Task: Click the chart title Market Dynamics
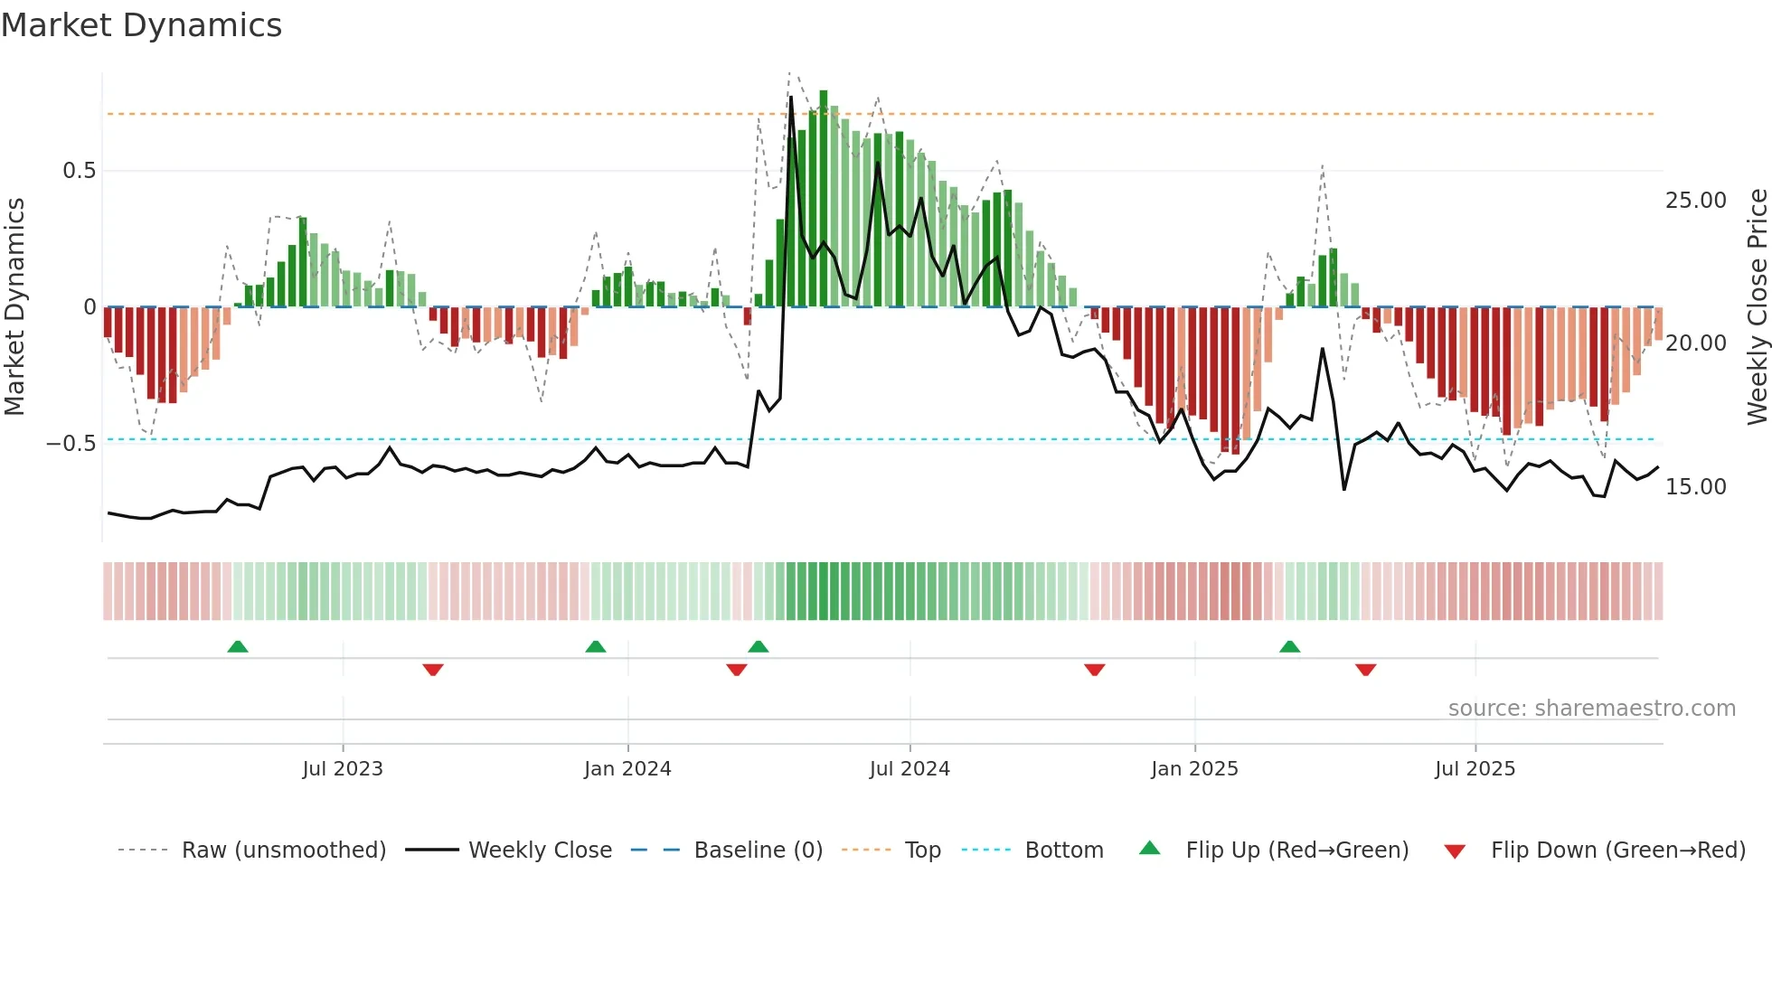[141, 25]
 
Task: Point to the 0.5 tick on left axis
[79, 171]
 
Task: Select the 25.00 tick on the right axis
[1695, 201]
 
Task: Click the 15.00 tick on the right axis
[1695, 487]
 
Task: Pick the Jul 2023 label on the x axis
[343, 769]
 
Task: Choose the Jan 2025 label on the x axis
[1194, 769]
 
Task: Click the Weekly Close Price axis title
[1757, 307]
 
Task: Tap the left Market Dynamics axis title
[14, 307]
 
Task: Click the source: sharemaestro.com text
[1591, 709]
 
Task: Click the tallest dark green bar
[824, 199]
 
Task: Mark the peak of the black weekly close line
[791, 98]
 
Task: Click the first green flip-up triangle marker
[238, 647]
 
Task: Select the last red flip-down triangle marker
[1365, 670]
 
